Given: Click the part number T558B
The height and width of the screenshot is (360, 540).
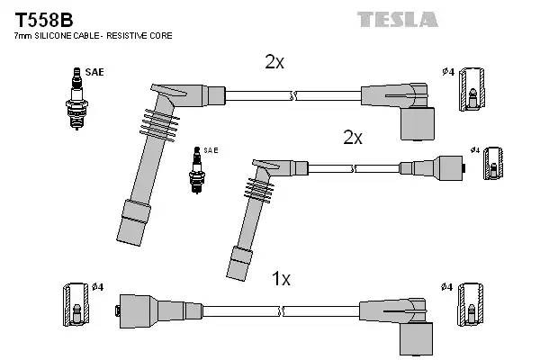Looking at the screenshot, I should click(42, 18).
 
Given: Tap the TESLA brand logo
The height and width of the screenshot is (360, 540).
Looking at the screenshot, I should click(397, 19).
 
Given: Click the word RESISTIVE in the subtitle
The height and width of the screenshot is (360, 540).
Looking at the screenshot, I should click(127, 36).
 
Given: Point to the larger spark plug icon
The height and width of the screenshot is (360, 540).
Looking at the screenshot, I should click(77, 100).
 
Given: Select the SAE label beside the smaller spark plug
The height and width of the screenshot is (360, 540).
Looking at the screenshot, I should click(211, 149).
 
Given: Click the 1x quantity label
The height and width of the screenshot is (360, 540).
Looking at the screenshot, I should click(281, 279).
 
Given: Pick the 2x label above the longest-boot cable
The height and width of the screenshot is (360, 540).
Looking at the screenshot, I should click(274, 62).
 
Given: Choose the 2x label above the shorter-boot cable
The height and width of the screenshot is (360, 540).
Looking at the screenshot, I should click(352, 138).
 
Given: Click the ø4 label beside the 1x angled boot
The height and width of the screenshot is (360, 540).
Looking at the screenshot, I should click(447, 286).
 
